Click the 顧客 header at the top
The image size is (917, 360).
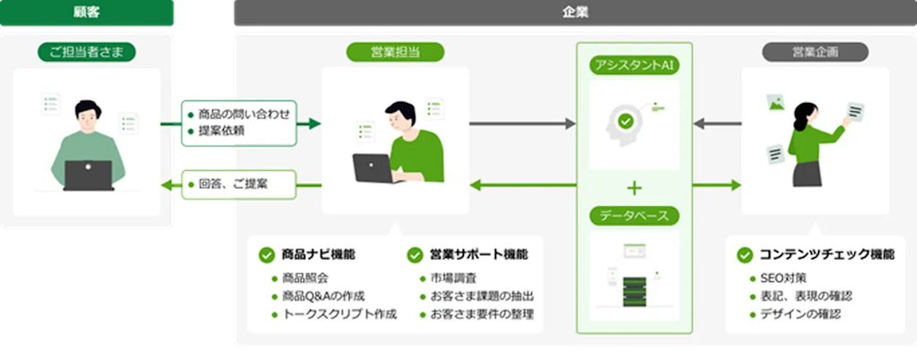pyautogui.click(x=87, y=13)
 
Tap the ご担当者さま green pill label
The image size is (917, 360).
pyautogui.click(x=87, y=53)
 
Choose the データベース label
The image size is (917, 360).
pyautogui.click(x=634, y=216)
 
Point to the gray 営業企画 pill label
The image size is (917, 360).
pyautogui.click(x=815, y=52)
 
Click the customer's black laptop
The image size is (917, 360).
pyautogui.click(x=88, y=175)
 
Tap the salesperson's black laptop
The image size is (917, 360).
pyautogui.click(x=374, y=167)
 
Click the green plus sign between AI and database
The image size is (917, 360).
pyautogui.click(x=635, y=187)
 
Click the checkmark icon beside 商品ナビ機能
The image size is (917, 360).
pyautogui.click(x=266, y=254)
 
